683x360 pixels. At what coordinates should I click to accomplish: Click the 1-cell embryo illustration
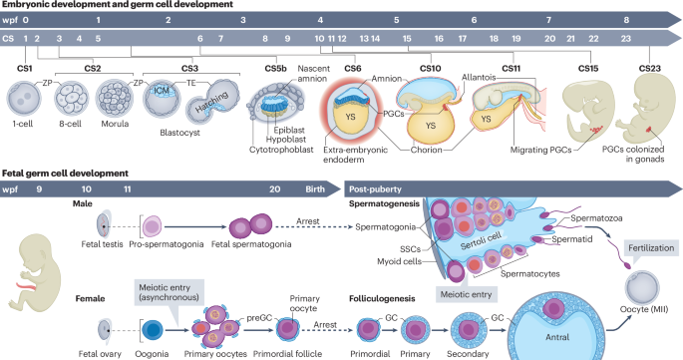tap(25, 100)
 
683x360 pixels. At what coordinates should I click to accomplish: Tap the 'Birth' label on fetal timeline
tap(315, 186)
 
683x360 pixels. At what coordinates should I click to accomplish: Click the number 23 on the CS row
tap(627, 37)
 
